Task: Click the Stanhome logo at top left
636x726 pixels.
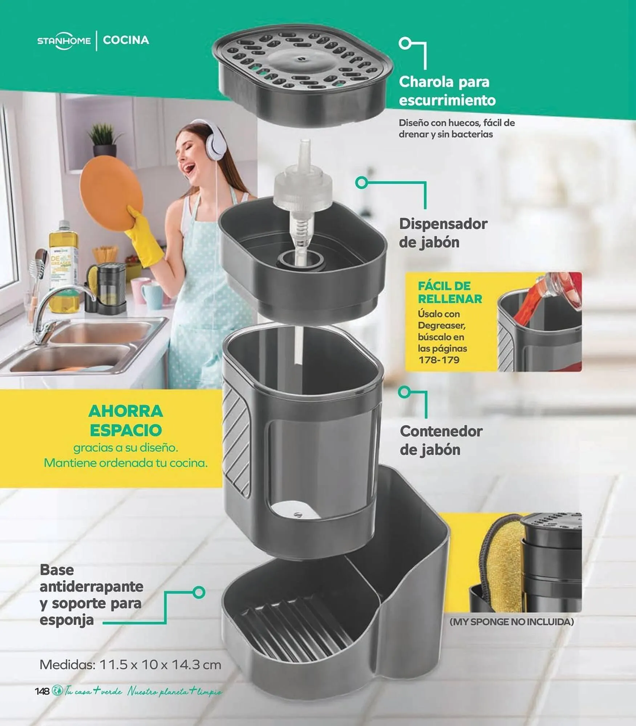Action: click(64, 40)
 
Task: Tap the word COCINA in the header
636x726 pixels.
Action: click(126, 40)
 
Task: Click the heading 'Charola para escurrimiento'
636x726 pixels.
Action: click(447, 91)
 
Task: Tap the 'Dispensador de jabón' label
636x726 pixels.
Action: click(443, 233)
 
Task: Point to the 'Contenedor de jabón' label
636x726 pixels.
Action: click(441, 440)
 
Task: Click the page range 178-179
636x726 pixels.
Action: click(439, 360)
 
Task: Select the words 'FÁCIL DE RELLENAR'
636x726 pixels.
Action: click(450, 292)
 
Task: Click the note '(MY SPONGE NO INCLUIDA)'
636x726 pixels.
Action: click(511, 622)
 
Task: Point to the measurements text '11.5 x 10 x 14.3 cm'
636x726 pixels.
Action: click(160, 665)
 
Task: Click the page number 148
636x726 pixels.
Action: click(42, 691)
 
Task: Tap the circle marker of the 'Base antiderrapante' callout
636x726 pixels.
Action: click(199, 592)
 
